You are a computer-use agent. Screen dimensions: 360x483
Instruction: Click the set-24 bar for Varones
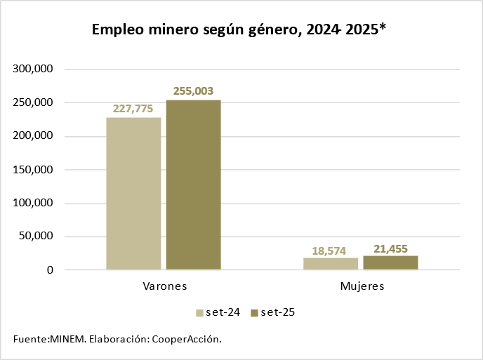pyautogui.click(x=133, y=193)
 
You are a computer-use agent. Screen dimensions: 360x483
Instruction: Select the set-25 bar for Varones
pyautogui.click(x=193, y=185)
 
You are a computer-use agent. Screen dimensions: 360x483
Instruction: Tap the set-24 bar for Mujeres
pyautogui.click(x=331, y=263)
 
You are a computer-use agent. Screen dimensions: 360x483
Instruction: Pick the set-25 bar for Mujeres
pyautogui.click(x=390, y=262)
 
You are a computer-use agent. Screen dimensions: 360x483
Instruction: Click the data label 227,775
pyautogui.click(x=133, y=109)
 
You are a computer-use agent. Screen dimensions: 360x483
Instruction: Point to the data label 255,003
pyautogui.click(x=193, y=91)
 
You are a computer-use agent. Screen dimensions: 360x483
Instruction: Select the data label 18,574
pyautogui.click(x=331, y=251)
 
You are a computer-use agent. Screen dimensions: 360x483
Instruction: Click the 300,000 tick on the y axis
pyautogui.click(x=34, y=69)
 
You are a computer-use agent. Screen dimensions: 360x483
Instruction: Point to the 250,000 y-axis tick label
pyautogui.click(x=34, y=103)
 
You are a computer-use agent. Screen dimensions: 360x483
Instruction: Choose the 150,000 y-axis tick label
pyautogui.click(x=34, y=170)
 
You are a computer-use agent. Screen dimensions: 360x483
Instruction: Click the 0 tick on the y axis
pyautogui.click(x=50, y=270)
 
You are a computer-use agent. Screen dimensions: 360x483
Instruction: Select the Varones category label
pyautogui.click(x=164, y=287)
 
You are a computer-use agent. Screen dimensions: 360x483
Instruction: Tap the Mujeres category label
pyautogui.click(x=362, y=287)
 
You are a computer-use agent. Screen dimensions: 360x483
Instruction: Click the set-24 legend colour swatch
pyautogui.click(x=200, y=313)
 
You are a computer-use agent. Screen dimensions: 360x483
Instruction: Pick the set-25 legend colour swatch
pyautogui.click(x=254, y=313)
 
